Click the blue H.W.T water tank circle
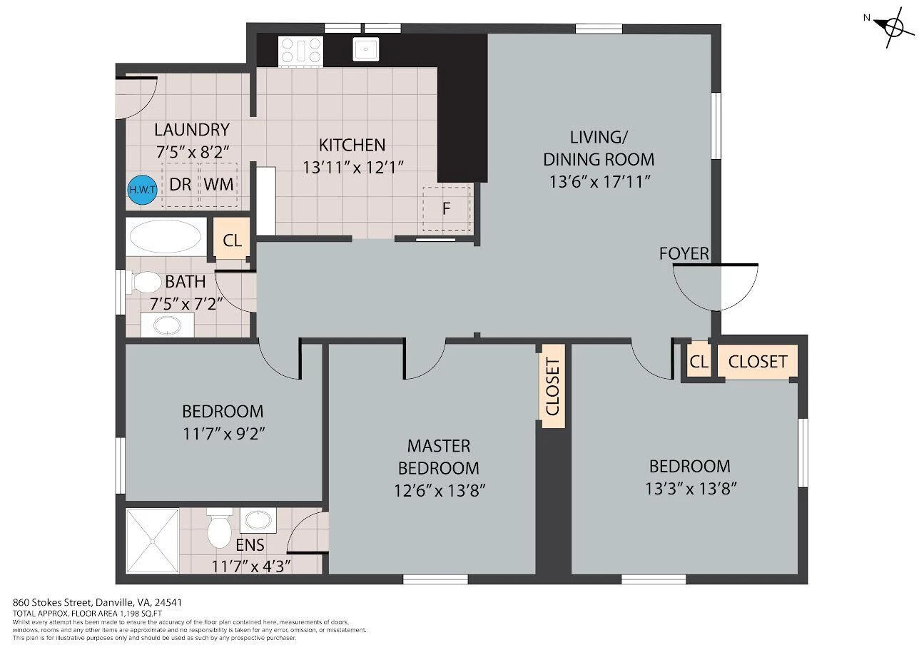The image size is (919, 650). click(143, 190)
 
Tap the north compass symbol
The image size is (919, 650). click(890, 28)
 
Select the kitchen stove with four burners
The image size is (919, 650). click(300, 51)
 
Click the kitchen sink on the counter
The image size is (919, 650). click(365, 49)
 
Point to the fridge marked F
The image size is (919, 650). click(447, 209)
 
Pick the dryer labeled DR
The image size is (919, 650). click(180, 185)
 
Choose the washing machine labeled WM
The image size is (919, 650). click(218, 185)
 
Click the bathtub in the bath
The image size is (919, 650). click(166, 237)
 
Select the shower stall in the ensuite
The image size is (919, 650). click(152, 541)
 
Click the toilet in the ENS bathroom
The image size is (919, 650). click(220, 528)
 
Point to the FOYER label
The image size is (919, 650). click(684, 253)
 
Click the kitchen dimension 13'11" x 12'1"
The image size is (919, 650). click(352, 168)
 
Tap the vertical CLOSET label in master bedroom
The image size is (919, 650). click(553, 387)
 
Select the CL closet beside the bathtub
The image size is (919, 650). click(232, 240)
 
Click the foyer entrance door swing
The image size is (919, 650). click(716, 287)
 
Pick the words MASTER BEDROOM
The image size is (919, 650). click(439, 457)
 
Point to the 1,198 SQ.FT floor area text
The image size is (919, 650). click(141, 614)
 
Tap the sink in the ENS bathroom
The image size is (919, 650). click(258, 520)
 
